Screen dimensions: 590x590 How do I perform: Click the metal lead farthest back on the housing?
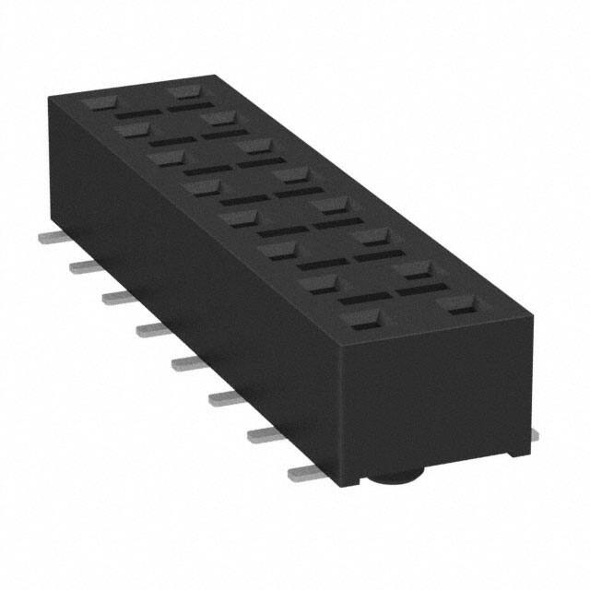tap(48, 237)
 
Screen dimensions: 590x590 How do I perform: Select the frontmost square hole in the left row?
tap(360, 320)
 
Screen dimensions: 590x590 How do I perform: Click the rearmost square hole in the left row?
tap(96, 103)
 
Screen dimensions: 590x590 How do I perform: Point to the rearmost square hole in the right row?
tap(183, 93)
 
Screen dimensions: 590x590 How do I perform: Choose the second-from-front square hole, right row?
tap(416, 270)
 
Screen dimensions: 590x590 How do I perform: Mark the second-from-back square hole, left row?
tap(130, 130)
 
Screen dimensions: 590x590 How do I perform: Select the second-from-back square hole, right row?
tap(218, 118)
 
